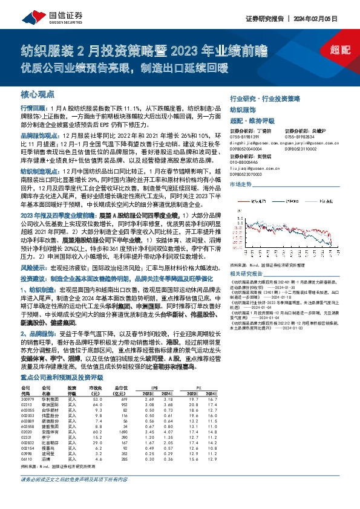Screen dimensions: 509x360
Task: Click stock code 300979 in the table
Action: [x=28, y=400]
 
